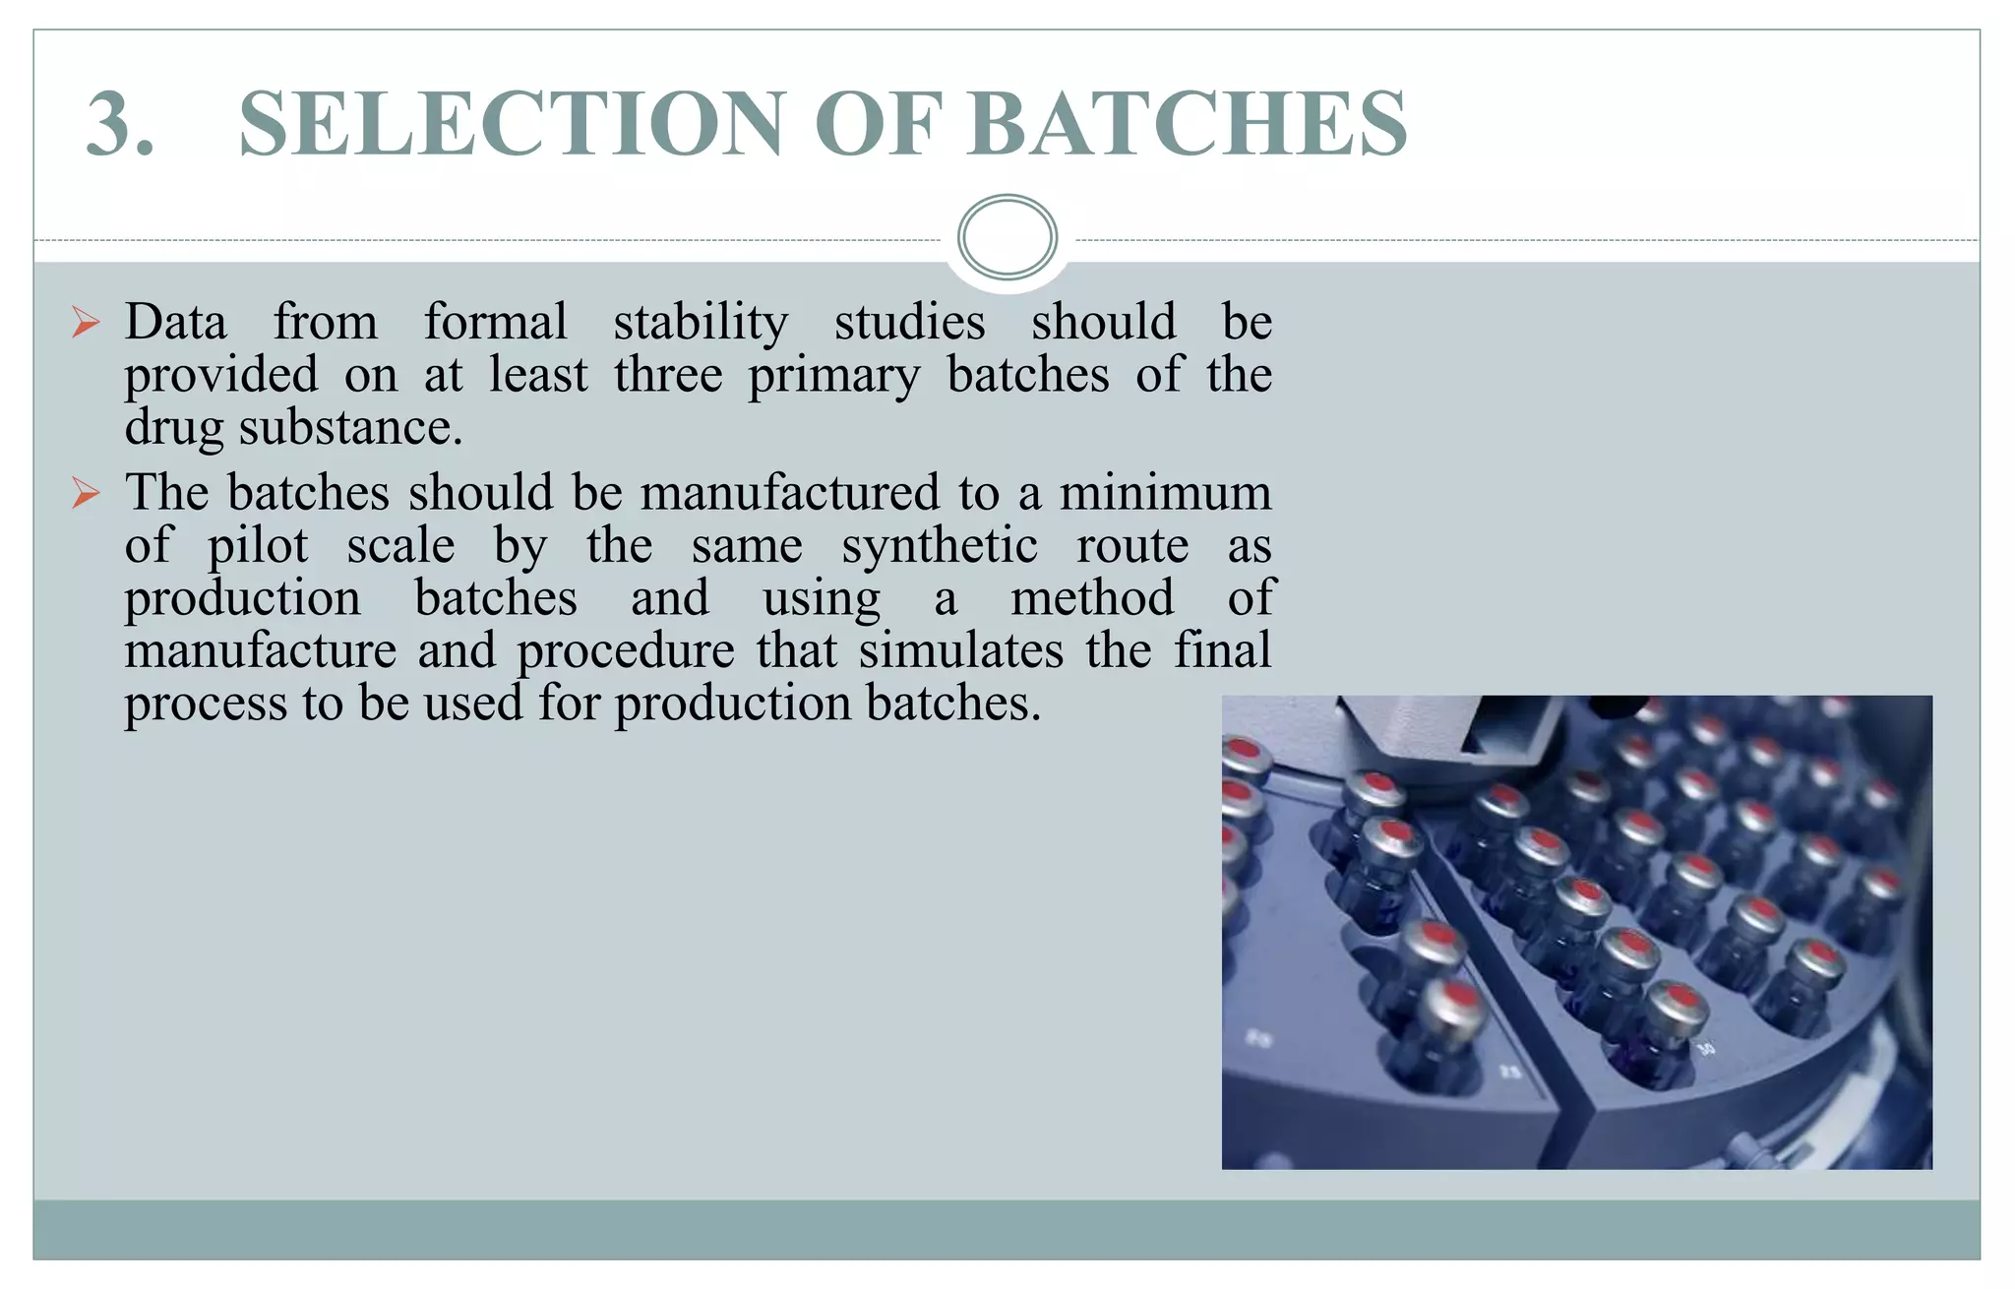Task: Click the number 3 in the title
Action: click(x=119, y=124)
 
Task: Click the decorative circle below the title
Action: click(x=1007, y=237)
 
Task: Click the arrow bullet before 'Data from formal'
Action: click(x=87, y=323)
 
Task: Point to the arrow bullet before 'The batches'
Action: click(x=87, y=493)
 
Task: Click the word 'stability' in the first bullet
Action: click(x=701, y=323)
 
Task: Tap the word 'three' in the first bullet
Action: click(x=668, y=375)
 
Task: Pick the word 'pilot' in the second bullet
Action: click(x=258, y=546)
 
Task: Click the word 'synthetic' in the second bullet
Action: click(x=939, y=546)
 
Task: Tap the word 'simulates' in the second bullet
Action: click(x=961, y=650)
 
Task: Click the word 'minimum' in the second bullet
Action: click(x=1165, y=492)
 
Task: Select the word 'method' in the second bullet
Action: click(x=1092, y=597)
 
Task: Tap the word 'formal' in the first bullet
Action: click(x=495, y=322)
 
